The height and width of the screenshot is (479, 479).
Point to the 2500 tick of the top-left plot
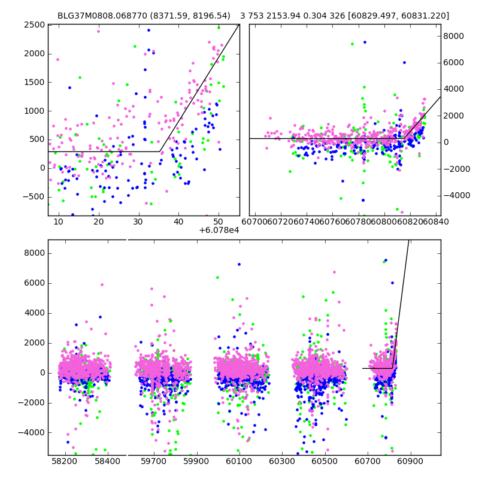(x=35, y=25)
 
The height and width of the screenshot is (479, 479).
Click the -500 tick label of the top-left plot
(x=33, y=196)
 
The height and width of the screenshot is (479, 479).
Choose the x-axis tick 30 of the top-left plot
(x=138, y=222)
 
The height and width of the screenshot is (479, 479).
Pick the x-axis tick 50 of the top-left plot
(x=219, y=222)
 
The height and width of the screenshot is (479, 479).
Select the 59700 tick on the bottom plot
(x=153, y=462)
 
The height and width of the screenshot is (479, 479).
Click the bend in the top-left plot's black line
(x=160, y=151)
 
